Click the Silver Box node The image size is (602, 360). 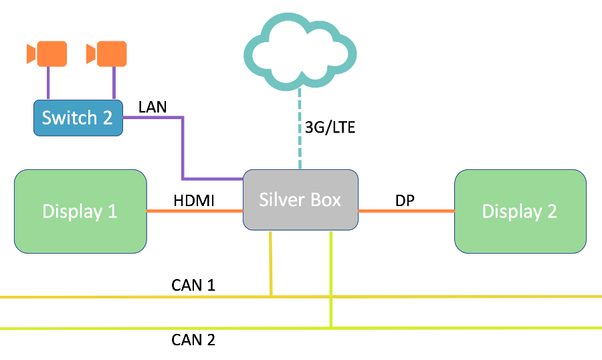point(300,200)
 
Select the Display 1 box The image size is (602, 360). point(80,211)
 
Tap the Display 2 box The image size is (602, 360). point(520,211)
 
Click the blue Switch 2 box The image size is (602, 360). point(78,118)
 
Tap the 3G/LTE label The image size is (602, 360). point(329,128)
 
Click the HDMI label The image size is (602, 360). point(194,200)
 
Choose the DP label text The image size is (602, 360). point(405,200)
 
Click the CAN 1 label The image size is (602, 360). point(193,286)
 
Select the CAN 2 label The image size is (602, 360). point(193,339)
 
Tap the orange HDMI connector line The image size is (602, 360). point(194,211)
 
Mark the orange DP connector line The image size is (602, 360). point(406,211)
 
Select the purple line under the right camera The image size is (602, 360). point(114,84)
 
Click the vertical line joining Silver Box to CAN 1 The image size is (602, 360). point(270,264)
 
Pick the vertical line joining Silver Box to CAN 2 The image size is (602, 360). point(331,281)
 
